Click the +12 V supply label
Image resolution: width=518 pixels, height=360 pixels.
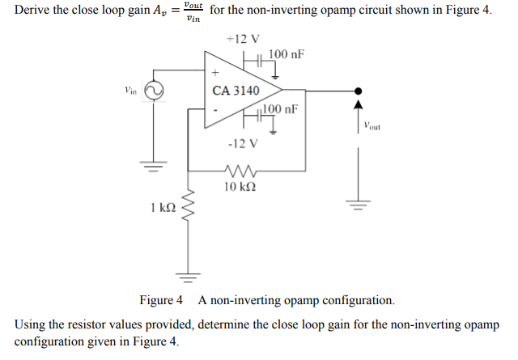click(243, 39)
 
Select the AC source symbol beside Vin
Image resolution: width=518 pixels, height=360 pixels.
click(153, 92)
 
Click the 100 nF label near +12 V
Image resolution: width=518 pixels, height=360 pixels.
click(286, 54)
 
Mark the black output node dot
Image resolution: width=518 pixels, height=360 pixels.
click(358, 91)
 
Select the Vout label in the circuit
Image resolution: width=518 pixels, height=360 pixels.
click(372, 125)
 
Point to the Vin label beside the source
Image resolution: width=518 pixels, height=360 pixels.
click(130, 91)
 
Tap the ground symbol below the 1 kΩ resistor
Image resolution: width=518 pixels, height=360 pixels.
click(189, 278)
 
